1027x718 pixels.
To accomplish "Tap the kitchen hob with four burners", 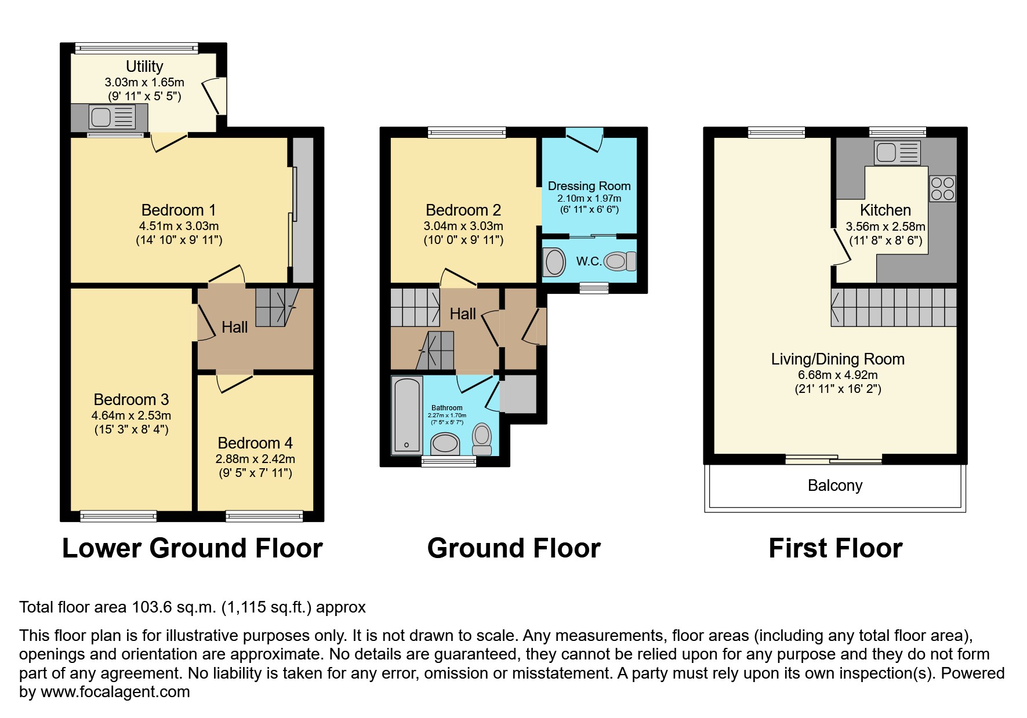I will [942, 189].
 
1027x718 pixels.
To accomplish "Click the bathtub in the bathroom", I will [407, 414].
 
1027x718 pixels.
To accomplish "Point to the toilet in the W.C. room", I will [620, 261].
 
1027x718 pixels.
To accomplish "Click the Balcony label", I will [834, 486].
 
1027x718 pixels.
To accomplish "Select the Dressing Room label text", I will [589, 186].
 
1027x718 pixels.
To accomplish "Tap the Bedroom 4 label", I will [255, 443].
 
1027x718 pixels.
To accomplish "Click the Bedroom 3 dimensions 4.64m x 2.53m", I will [131, 416].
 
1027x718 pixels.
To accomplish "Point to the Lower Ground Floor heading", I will [192, 548].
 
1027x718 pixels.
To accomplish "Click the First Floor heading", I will [835, 548].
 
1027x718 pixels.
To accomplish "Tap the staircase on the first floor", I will [893, 307].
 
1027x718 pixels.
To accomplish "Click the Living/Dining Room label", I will [837, 359].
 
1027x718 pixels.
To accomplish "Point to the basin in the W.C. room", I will [554, 262].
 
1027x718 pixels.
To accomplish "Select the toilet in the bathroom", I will [481, 440].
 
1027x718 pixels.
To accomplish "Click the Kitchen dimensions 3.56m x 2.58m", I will [885, 227].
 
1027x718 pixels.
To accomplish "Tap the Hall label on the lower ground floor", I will [234, 327].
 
